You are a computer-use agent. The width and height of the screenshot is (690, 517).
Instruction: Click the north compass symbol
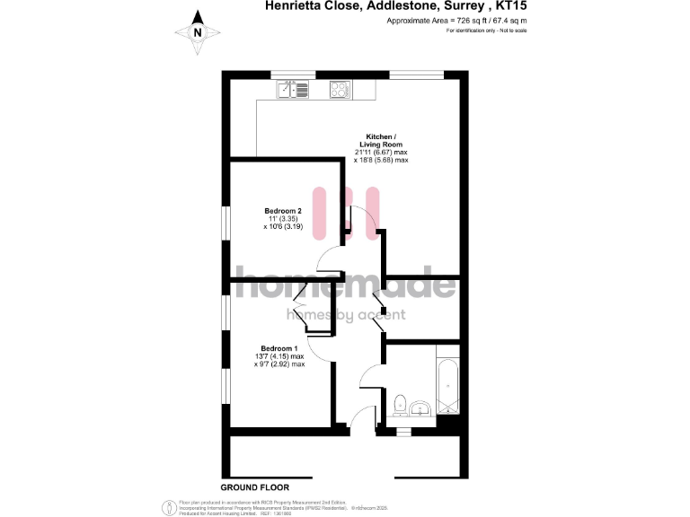[x=198, y=33]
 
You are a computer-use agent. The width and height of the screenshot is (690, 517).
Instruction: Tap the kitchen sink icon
[x=291, y=89]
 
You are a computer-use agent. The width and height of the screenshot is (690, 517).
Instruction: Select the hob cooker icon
[x=341, y=89]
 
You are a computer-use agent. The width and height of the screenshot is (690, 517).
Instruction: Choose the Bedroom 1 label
[x=279, y=348]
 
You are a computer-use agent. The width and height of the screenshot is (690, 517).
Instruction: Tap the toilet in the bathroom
[x=398, y=406]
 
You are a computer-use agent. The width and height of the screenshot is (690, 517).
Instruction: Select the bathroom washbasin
[x=420, y=410]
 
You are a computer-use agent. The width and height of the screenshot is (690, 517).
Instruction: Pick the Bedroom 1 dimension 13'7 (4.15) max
[x=279, y=356]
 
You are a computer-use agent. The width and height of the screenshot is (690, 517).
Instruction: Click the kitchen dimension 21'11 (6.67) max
[x=384, y=153]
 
